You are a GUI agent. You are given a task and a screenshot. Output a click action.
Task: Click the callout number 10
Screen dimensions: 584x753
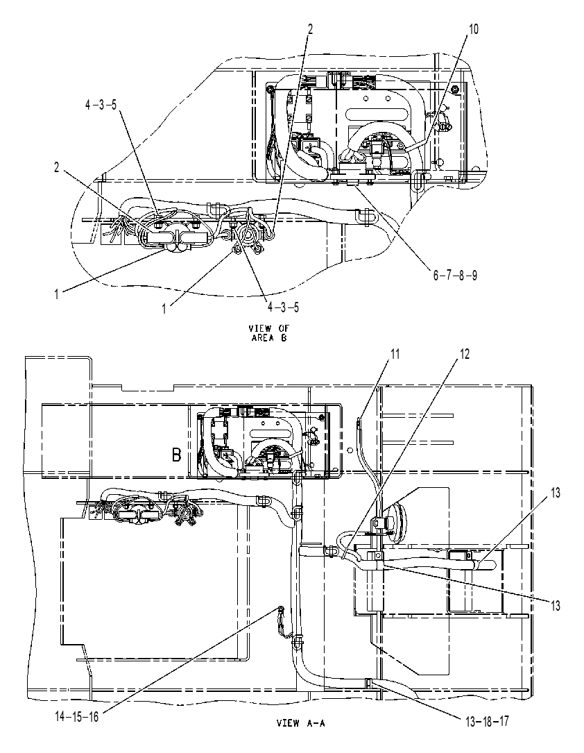[x=473, y=29]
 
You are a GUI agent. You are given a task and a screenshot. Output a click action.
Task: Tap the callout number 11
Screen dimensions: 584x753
[x=395, y=355]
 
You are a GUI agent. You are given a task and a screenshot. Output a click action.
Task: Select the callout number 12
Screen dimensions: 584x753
[x=465, y=355]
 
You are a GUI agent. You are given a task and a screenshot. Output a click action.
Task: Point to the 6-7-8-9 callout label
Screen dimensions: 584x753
[x=455, y=276]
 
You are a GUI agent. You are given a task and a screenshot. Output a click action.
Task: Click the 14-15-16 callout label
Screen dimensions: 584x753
[x=77, y=717]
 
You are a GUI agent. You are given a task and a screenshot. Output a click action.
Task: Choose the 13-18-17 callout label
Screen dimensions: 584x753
[x=487, y=721]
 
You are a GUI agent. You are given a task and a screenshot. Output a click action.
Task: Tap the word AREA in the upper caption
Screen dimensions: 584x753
[x=262, y=337]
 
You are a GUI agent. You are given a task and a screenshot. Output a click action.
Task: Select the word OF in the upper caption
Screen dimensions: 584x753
[x=284, y=328]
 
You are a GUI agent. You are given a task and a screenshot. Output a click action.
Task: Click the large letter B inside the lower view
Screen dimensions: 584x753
[x=177, y=455]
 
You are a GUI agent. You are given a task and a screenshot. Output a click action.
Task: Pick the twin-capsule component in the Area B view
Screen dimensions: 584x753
[x=175, y=238]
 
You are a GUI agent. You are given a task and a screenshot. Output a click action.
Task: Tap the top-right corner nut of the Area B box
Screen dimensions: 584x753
[x=454, y=90]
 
